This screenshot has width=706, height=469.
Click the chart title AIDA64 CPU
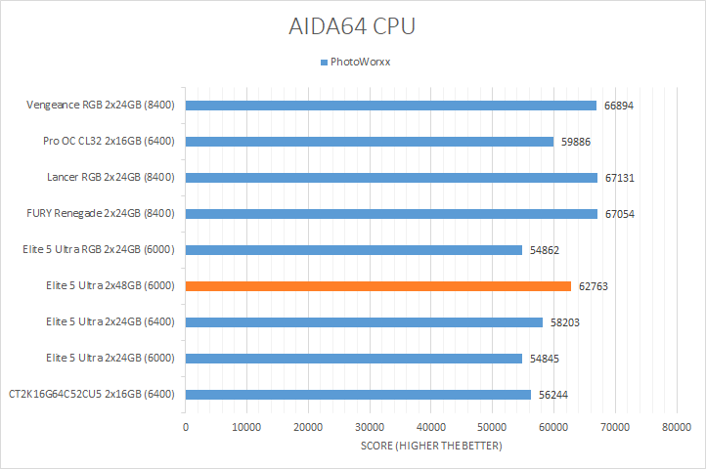(352, 25)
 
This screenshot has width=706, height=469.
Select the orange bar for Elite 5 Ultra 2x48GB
(377, 286)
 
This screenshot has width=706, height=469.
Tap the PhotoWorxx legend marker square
(324, 63)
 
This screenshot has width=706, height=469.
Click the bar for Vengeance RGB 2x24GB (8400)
(390, 106)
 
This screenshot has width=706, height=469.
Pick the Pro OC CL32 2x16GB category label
(109, 142)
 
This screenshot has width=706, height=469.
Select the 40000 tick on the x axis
(431, 427)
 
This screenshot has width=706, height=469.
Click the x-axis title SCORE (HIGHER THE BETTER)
(429, 447)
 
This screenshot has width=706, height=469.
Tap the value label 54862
(545, 250)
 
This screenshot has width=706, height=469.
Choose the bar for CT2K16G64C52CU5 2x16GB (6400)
(358, 395)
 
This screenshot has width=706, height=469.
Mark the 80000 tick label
(677, 427)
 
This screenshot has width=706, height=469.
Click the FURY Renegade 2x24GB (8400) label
(101, 214)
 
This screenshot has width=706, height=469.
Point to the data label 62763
(594, 286)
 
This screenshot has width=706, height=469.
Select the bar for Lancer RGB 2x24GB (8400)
(391, 178)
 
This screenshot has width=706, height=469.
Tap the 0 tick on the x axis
(186, 427)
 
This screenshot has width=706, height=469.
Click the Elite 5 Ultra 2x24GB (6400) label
(110, 322)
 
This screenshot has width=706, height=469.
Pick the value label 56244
(553, 395)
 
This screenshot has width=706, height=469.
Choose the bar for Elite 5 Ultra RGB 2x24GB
(354, 250)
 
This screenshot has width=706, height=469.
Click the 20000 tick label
(308, 427)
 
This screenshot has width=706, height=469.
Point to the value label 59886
(575, 142)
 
